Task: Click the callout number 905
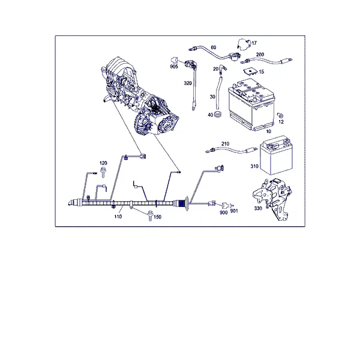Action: pyautogui.click(x=174, y=67)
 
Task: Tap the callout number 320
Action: pyautogui.click(x=188, y=83)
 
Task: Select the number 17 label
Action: pyautogui.click(x=254, y=43)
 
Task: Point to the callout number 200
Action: pyautogui.click(x=260, y=55)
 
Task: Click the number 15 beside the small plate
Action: pyautogui.click(x=261, y=72)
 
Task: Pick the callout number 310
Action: pyautogui.click(x=254, y=166)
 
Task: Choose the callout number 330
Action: pyautogui.click(x=258, y=208)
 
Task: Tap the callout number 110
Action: pyautogui.click(x=118, y=217)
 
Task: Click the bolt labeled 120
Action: pyautogui.click(x=103, y=173)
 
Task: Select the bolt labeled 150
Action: pyautogui.click(x=150, y=215)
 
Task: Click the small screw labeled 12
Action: pyautogui.click(x=280, y=115)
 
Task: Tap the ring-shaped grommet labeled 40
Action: pyautogui.click(x=218, y=114)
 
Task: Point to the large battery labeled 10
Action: pyautogui.click(x=251, y=104)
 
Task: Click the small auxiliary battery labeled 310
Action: pyautogui.click(x=277, y=155)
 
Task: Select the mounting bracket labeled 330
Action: pyautogui.click(x=272, y=199)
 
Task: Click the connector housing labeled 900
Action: pyautogui.click(x=225, y=206)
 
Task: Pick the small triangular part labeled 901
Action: pyautogui.click(x=232, y=205)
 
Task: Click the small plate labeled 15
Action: pyautogui.click(x=250, y=71)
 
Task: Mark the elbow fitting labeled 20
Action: pyautogui.click(x=222, y=69)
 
